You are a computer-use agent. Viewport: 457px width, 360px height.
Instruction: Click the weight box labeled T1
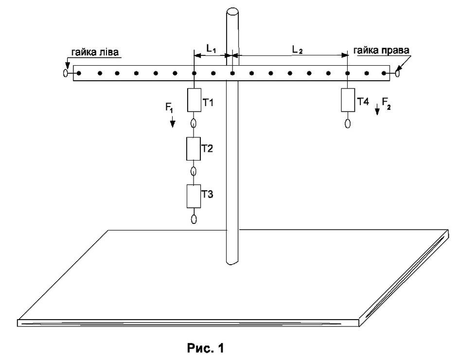[x=194, y=100]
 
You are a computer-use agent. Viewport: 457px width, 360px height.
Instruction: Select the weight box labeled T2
[x=193, y=148]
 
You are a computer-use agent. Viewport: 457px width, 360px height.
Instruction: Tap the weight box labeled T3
[x=194, y=196]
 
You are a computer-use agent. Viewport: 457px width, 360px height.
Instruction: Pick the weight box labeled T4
[x=348, y=100]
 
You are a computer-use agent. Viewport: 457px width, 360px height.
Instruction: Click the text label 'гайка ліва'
[x=95, y=52]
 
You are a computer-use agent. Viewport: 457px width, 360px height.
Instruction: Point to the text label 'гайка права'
[x=381, y=50]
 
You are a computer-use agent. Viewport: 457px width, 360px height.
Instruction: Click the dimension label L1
[x=211, y=49]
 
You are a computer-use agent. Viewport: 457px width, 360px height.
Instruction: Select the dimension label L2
[x=298, y=50]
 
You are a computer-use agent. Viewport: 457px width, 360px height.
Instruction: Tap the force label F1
[x=169, y=108]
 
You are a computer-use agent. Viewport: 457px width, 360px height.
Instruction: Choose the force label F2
[x=386, y=103]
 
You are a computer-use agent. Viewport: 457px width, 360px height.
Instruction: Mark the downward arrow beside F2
[x=377, y=109]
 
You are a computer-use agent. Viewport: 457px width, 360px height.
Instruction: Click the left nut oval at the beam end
[x=65, y=73]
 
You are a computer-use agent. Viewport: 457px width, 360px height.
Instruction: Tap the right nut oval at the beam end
[x=397, y=73]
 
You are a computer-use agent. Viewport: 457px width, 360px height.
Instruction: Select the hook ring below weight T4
[x=348, y=124]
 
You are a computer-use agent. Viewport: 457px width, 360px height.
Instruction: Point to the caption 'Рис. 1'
[x=206, y=348]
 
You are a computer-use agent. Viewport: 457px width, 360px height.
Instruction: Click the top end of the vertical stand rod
[x=232, y=13]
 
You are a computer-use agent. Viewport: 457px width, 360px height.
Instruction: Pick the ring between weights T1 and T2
[x=193, y=123]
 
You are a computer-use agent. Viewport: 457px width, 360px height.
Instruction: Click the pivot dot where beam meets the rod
[x=232, y=73]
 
